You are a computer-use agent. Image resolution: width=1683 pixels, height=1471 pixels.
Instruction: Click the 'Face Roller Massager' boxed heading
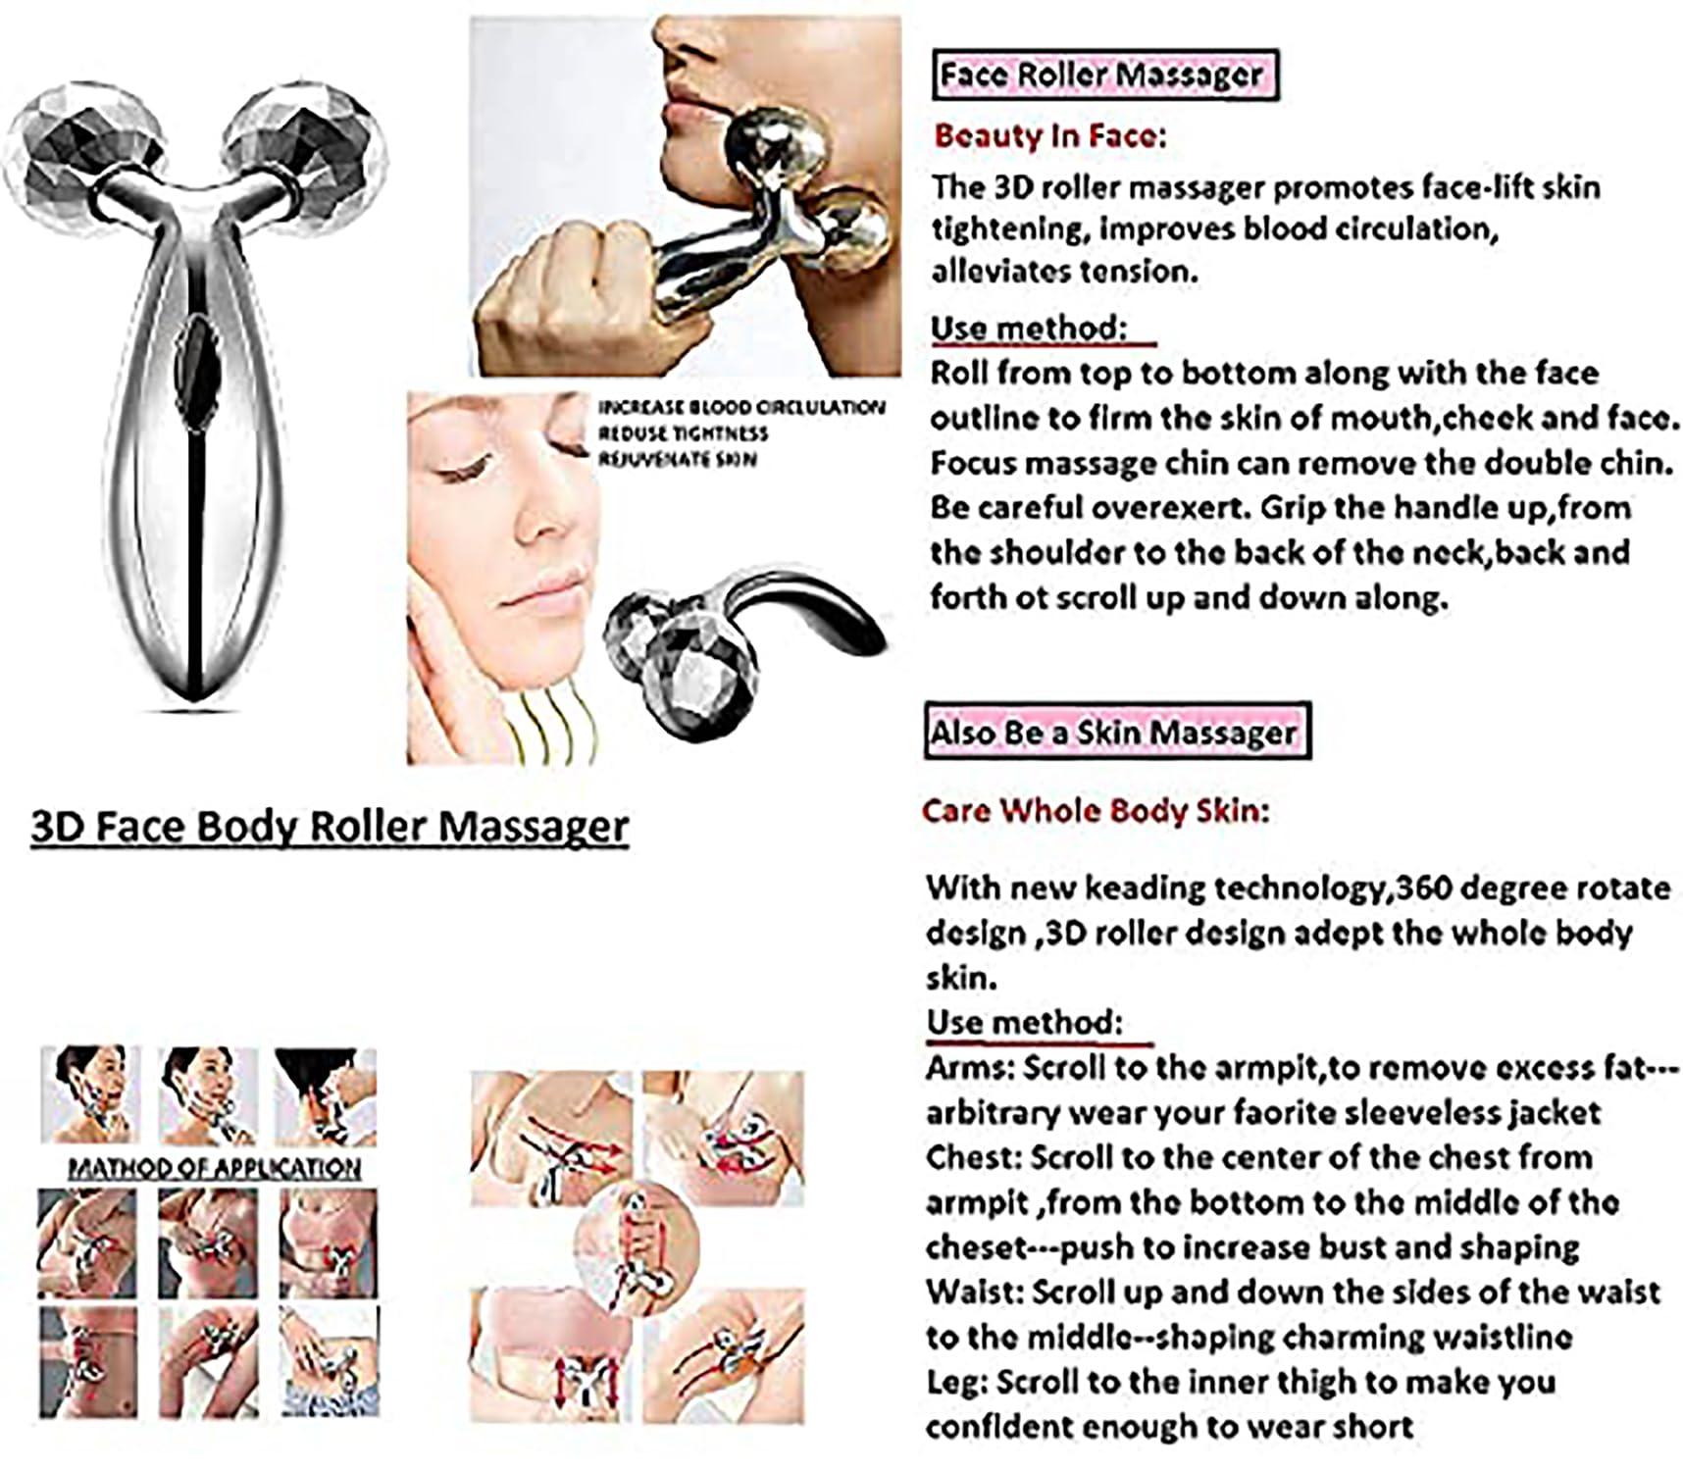pyautogui.click(x=1101, y=75)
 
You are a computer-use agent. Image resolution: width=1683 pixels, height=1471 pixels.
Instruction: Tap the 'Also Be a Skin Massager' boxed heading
pyautogui.click(x=1115, y=732)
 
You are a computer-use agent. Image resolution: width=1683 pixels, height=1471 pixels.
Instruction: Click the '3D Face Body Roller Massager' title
pyautogui.click(x=330, y=825)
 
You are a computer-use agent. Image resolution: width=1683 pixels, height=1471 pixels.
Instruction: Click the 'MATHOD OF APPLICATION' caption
pyautogui.click(x=214, y=1167)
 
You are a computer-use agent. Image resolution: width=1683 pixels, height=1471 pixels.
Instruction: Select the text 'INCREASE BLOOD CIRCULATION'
pyautogui.click(x=741, y=408)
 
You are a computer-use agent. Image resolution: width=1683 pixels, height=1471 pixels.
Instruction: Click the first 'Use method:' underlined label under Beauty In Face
pyautogui.click(x=1028, y=328)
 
